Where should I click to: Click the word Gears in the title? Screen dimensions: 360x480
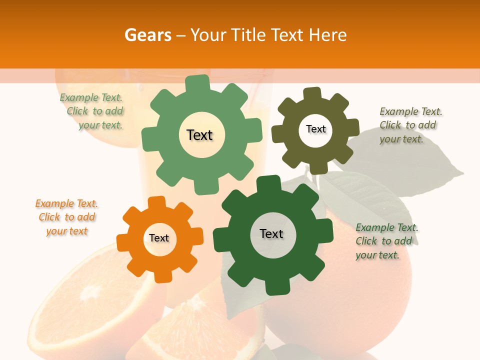tap(147, 35)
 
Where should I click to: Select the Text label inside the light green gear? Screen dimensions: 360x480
tap(199, 135)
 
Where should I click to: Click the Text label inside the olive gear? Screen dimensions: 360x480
tap(315, 129)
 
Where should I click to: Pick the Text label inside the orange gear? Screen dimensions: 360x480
tap(159, 238)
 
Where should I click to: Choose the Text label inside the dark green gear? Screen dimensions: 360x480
tap(271, 233)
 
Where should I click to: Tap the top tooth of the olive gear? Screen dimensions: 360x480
tap(312, 94)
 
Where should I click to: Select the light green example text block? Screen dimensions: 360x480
tap(92, 111)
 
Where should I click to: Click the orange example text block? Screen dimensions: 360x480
tap(66, 217)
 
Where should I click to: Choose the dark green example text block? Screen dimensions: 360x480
tap(386, 241)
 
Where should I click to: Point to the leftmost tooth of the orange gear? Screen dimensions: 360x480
tap(123, 241)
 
